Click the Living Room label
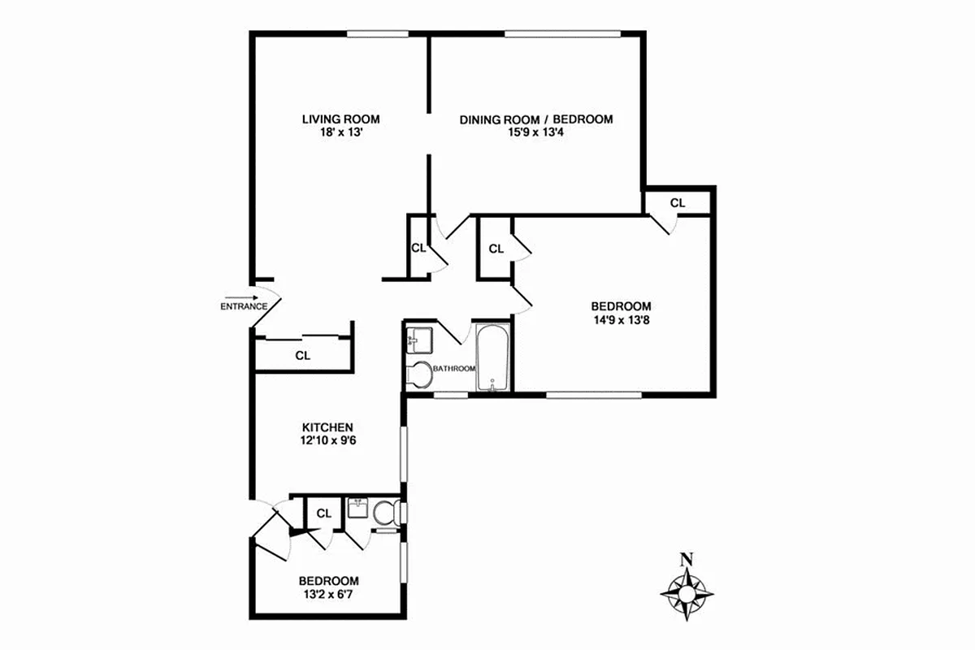pos(340,119)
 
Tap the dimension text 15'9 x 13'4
pos(536,132)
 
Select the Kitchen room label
pos(327,427)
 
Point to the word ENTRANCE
pos(244,307)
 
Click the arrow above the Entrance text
pos(239,297)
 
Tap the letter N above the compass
pos(687,559)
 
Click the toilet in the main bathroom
pos(419,375)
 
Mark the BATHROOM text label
pos(453,369)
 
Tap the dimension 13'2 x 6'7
pos(328,595)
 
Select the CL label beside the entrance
pos(302,355)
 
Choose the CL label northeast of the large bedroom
pos(678,202)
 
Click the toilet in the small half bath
pos(385,513)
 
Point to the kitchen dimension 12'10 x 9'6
pos(327,441)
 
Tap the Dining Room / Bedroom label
pos(536,119)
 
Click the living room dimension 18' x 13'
pos(340,132)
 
